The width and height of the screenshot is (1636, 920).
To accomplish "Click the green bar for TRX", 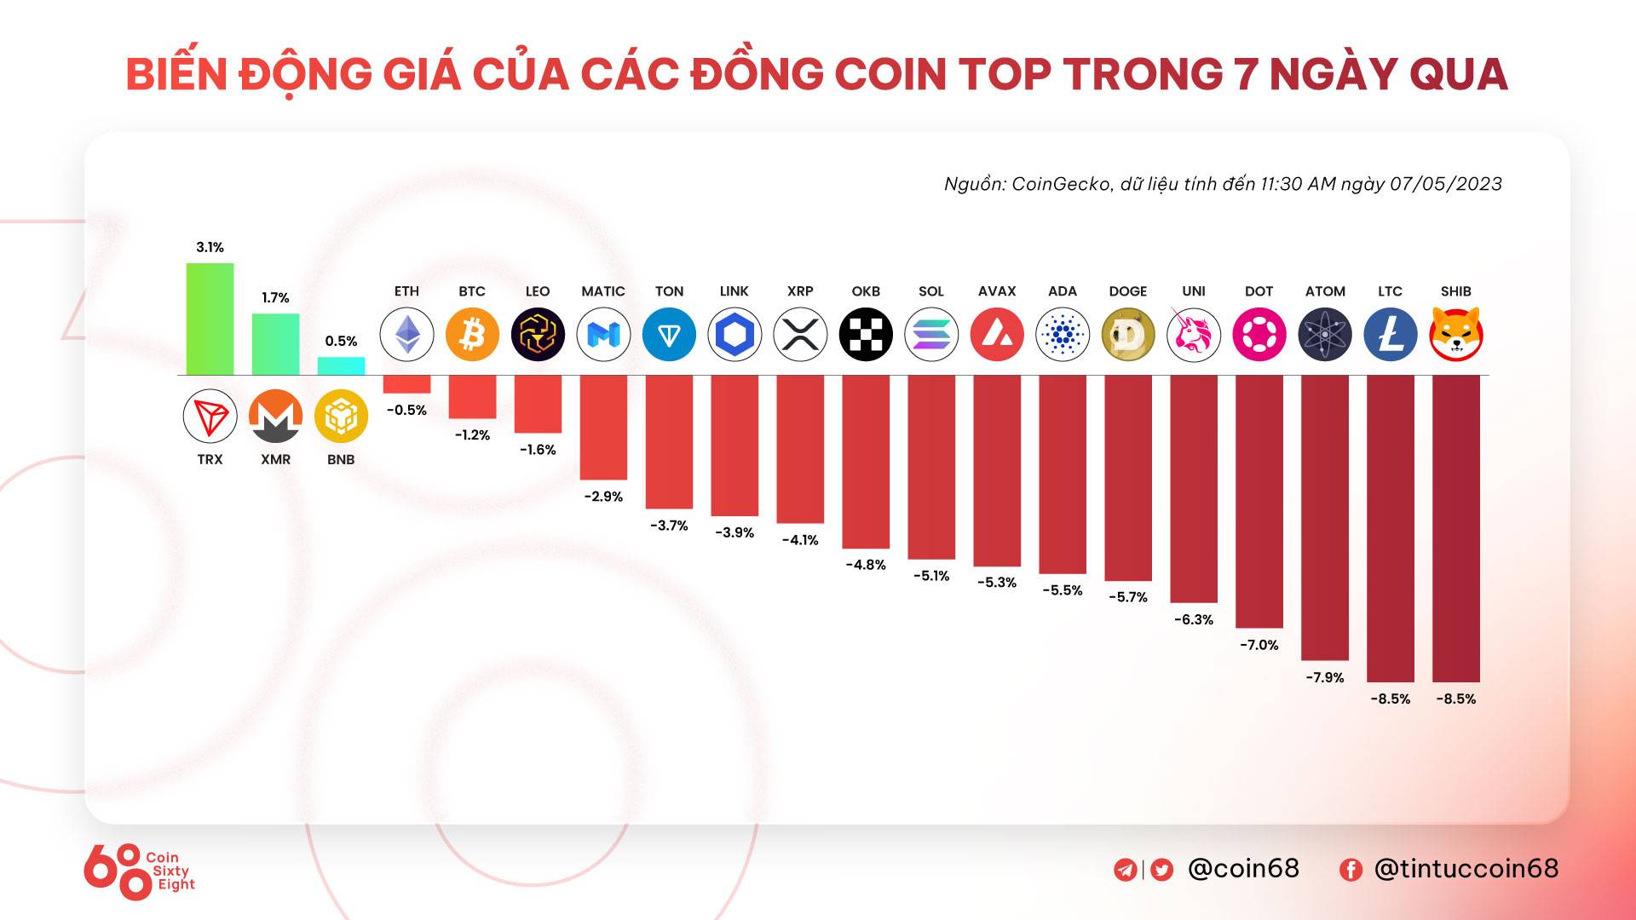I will (x=210, y=319).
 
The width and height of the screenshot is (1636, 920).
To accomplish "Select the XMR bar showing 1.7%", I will (x=275, y=344).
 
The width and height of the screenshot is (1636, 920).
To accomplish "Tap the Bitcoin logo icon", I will (x=472, y=334).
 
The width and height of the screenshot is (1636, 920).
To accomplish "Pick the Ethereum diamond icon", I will (x=406, y=334).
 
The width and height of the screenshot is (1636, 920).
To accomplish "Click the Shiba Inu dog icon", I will (x=1456, y=334).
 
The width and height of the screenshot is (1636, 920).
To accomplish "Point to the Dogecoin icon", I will (x=1128, y=334).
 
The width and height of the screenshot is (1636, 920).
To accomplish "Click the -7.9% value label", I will (x=1325, y=677).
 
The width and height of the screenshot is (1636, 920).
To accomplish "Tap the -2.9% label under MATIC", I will (x=603, y=497).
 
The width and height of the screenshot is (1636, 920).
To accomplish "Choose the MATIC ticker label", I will (x=603, y=291).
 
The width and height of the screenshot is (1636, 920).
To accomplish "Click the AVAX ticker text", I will (x=997, y=291).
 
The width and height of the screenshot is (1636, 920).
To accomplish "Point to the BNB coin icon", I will (x=341, y=416).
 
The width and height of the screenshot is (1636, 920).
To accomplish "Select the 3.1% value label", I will (x=210, y=247).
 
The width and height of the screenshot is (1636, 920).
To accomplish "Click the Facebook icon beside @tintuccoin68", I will (x=1351, y=869).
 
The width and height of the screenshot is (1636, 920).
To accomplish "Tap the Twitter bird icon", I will (x=1162, y=869).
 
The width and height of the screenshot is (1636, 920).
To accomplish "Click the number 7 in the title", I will (x=1247, y=74).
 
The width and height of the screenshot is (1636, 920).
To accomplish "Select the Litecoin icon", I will (x=1391, y=334).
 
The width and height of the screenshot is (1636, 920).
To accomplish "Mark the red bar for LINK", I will (x=734, y=445).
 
